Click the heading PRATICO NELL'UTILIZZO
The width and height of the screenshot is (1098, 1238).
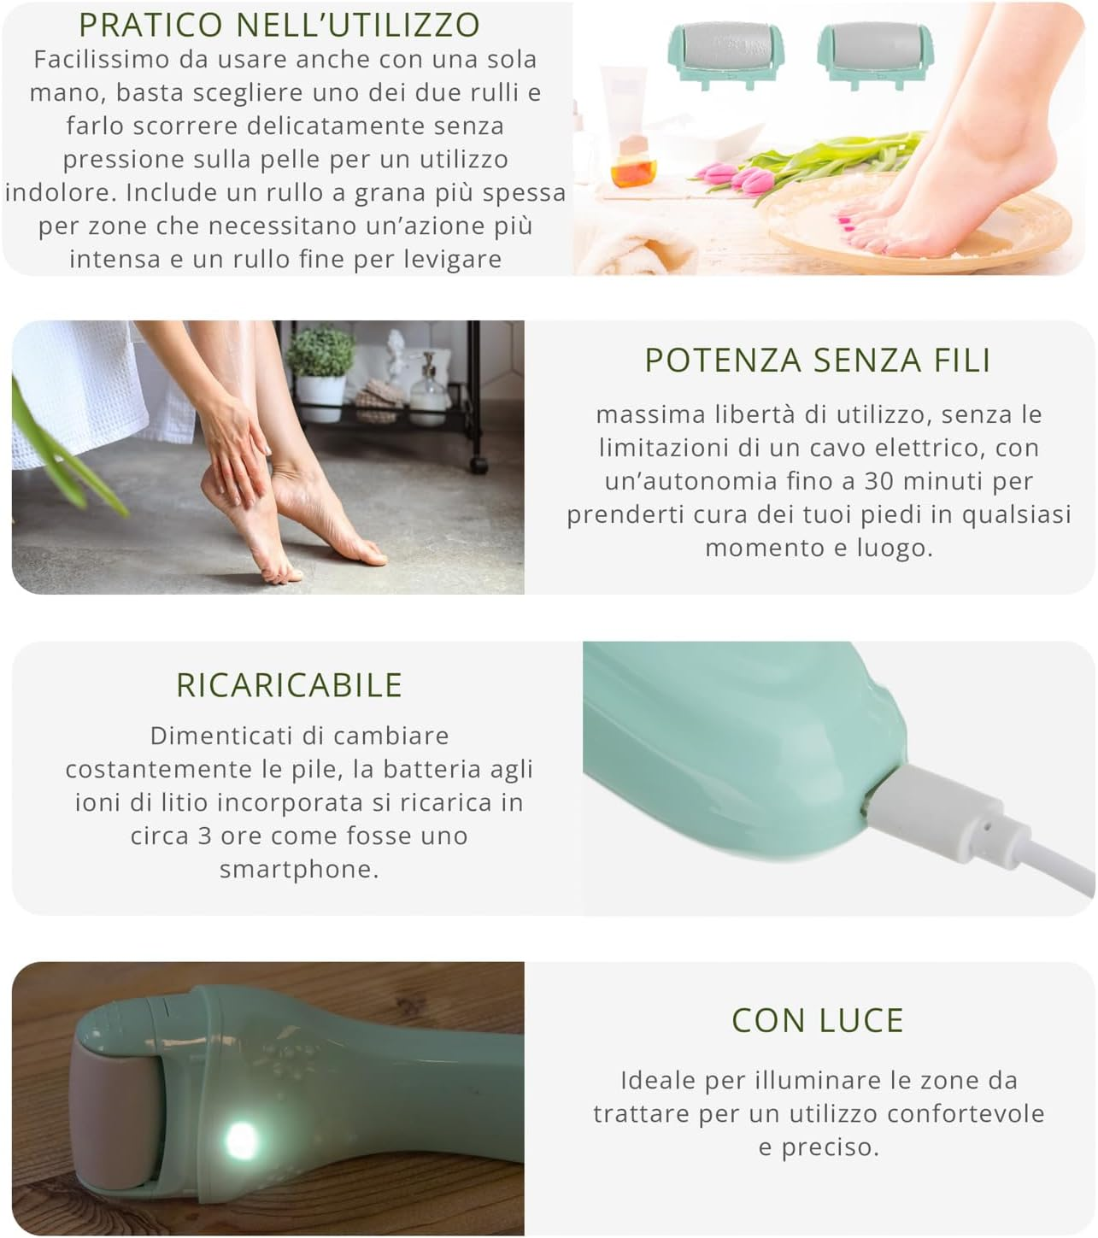pyautogui.click(x=279, y=25)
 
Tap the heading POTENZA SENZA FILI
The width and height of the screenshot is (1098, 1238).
pyautogui.click(x=818, y=360)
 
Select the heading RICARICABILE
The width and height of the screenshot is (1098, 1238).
pyautogui.click(x=289, y=685)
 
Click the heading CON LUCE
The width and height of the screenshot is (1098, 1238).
pyautogui.click(x=818, y=1020)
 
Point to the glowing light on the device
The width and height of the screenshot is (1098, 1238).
pyautogui.click(x=242, y=1141)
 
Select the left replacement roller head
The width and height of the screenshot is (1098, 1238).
pyautogui.click(x=726, y=54)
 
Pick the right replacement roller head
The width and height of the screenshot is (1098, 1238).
pyautogui.click(x=876, y=54)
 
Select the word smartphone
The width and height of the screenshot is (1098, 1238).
pyautogui.click(x=299, y=870)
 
